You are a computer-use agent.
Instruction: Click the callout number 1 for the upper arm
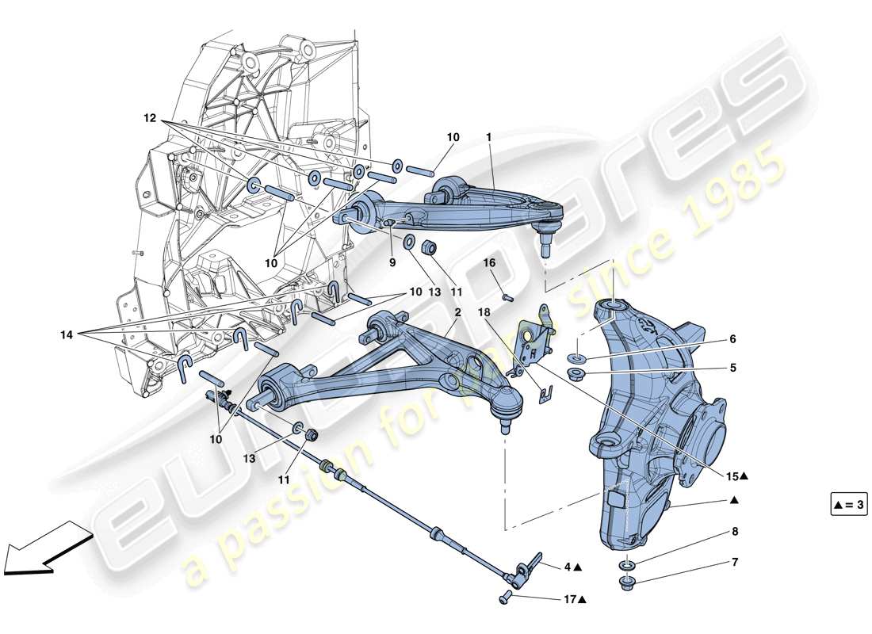pyautogui.click(x=489, y=137)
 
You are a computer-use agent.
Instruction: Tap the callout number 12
pyautogui.click(x=151, y=118)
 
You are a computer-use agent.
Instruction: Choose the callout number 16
pyautogui.click(x=489, y=262)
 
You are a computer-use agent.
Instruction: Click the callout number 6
pyautogui.click(x=733, y=339)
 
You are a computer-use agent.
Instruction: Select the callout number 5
pyautogui.click(x=733, y=368)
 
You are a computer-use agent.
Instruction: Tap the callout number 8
pyautogui.click(x=734, y=533)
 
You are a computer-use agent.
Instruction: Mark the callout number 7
pyautogui.click(x=734, y=563)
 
